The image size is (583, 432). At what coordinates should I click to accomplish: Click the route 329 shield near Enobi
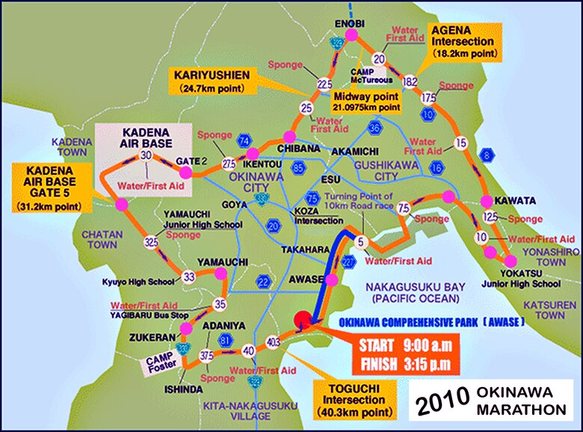338,46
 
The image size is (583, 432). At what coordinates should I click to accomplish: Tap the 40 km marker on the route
250,349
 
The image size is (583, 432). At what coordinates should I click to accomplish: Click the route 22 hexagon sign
262,280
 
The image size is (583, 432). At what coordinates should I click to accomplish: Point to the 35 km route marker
220,304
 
